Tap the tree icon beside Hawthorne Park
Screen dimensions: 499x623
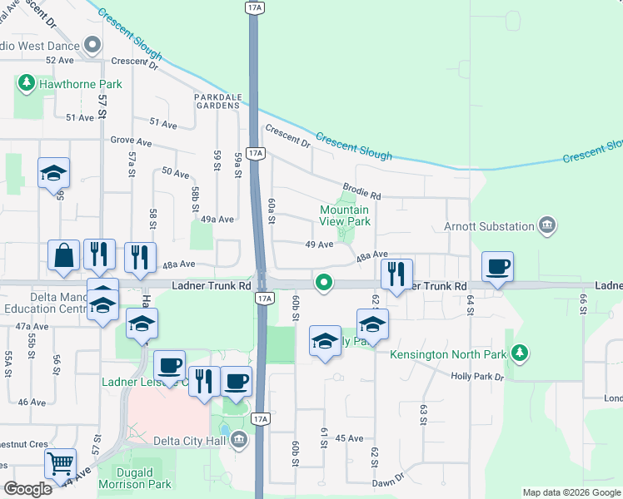coord(27,83)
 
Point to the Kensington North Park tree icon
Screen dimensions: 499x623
coord(520,353)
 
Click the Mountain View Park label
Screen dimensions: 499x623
coord(345,216)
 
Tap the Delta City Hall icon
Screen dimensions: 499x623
coord(240,438)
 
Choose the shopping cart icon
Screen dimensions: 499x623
coord(59,462)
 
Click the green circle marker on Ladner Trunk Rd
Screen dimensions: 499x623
coord(323,283)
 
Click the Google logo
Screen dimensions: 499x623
coord(28,489)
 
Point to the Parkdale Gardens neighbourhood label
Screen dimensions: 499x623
coord(217,101)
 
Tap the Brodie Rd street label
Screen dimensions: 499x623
coord(361,192)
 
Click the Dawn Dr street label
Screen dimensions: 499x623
coord(388,478)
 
